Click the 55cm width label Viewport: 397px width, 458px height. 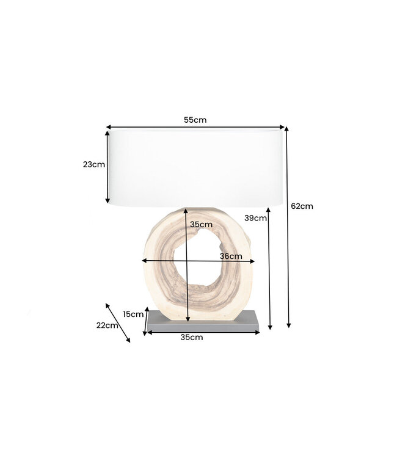coord(195,120)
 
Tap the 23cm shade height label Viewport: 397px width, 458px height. coord(95,164)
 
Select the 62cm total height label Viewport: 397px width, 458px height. coord(302,206)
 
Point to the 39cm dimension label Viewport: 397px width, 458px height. coord(255,217)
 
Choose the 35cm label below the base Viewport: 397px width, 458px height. coord(192,337)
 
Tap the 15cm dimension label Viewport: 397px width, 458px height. coord(133,314)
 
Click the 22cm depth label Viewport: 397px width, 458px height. coord(107,325)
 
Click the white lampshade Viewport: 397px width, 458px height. coord(195,166)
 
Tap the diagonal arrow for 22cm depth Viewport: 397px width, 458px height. coord(118,322)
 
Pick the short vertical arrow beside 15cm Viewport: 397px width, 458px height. coord(145,321)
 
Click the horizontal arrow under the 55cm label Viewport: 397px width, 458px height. coord(195,128)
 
